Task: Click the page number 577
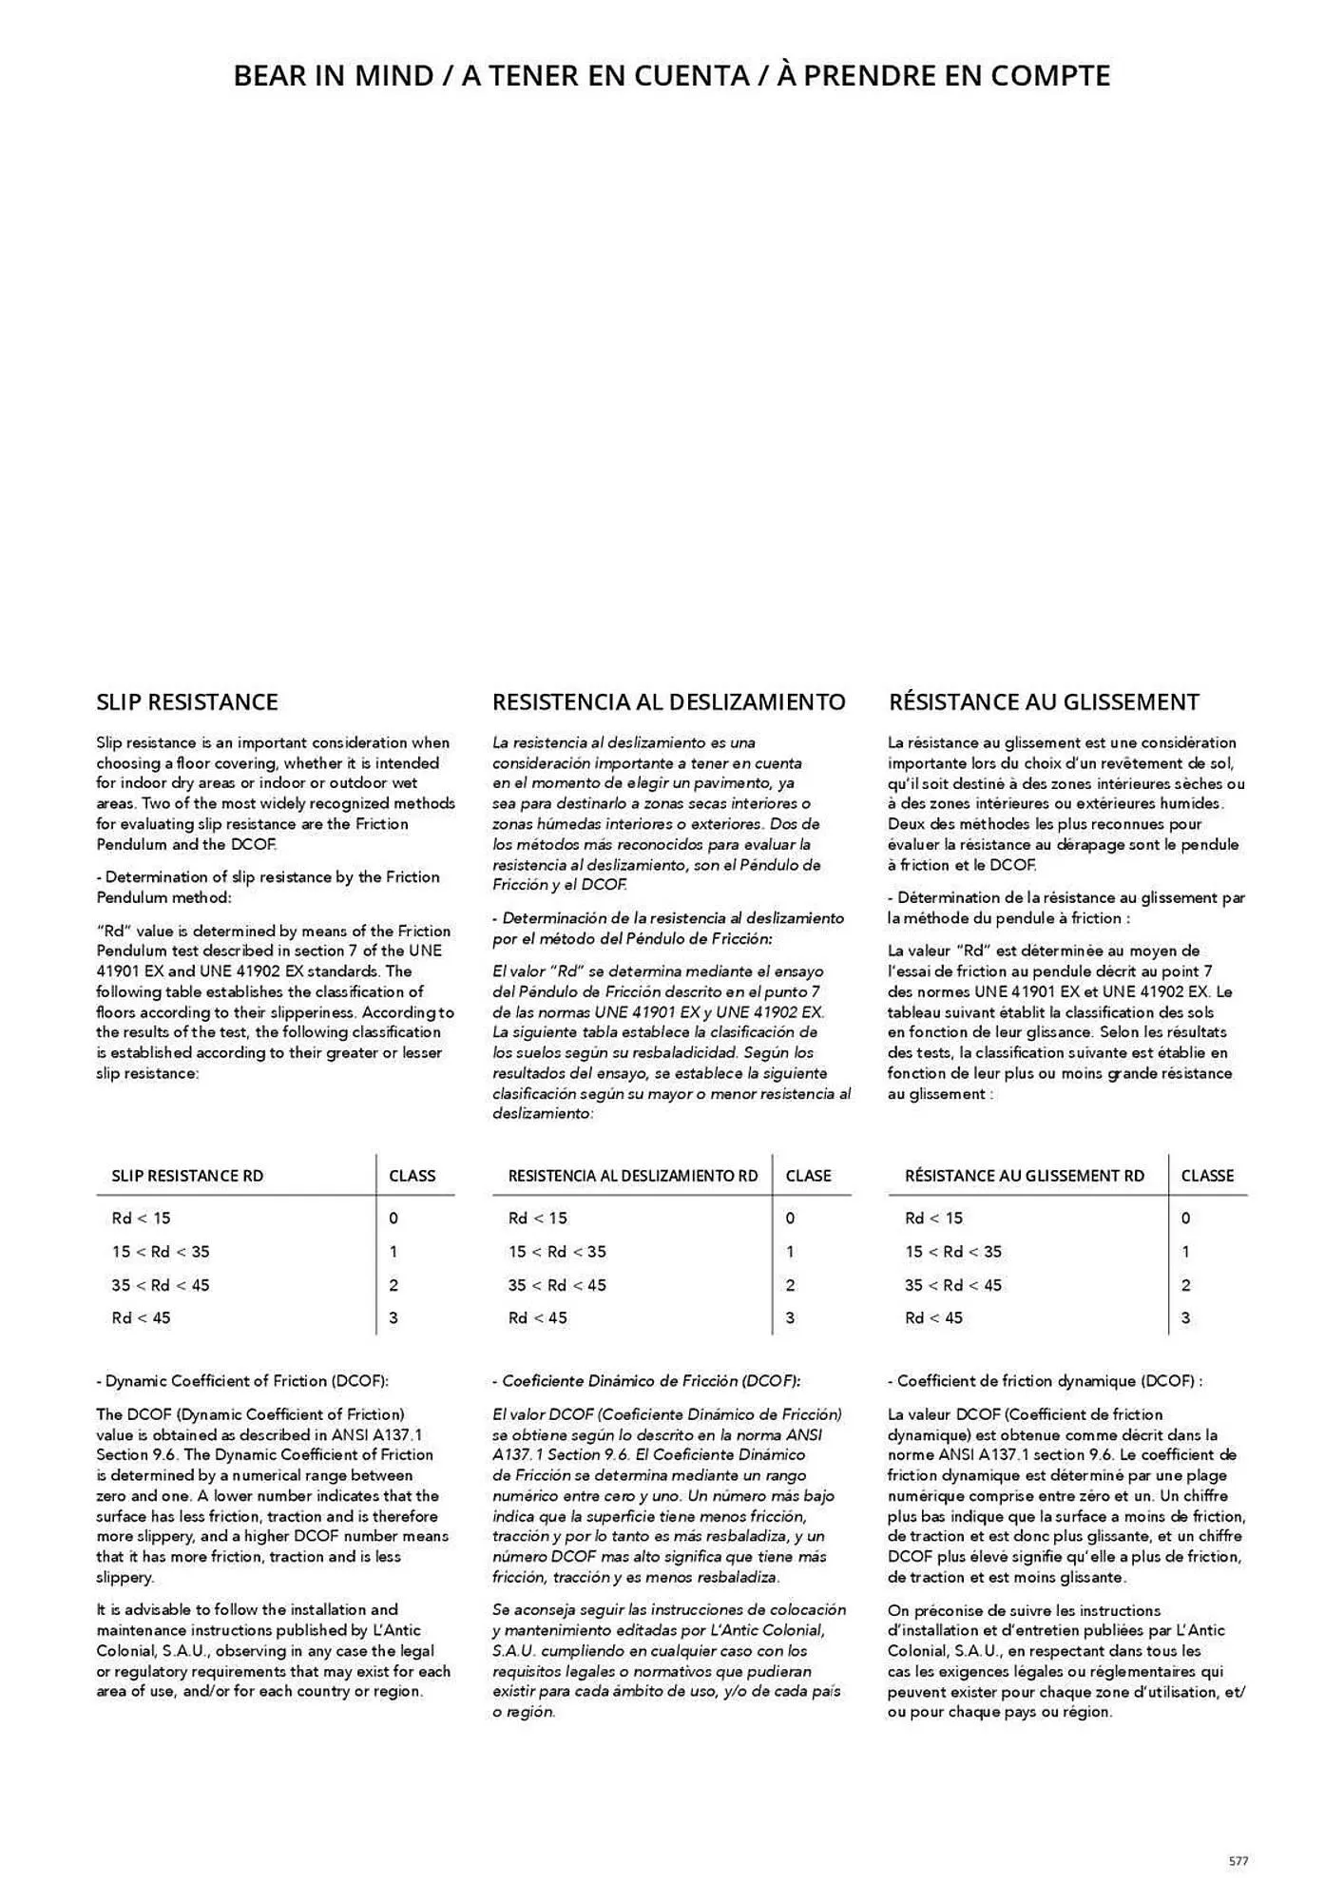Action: pyautogui.click(x=1238, y=1861)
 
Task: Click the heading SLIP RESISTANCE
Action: pyautogui.click(x=187, y=702)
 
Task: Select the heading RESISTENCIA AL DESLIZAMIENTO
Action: pyautogui.click(x=668, y=702)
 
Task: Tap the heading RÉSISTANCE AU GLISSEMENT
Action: pyautogui.click(x=1044, y=702)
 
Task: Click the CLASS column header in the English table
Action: pyautogui.click(x=412, y=1176)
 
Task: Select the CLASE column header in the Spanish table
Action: pyautogui.click(x=808, y=1176)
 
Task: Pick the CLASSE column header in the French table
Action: pyautogui.click(x=1207, y=1176)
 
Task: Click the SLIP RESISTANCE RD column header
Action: pyautogui.click(x=187, y=1176)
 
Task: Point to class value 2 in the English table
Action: pyautogui.click(x=394, y=1285)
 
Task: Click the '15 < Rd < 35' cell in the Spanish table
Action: pyautogui.click(x=557, y=1252)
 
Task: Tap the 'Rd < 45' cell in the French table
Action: pyautogui.click(x=933, y=1318)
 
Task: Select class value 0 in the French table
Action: pyautogui.click(x=1185, y=1219)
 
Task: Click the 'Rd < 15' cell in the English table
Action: pyautogui.click(x=141, y=1219)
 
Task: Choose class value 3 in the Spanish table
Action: pyautogui.click(x=790, y=1318)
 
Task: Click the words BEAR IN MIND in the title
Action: pyautogui.click(x=333, y=76)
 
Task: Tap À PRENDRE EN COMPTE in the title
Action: pyautogui.click(x=943, y=76)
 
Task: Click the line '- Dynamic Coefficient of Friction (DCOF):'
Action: pyautogui.click(x=242, y=1381)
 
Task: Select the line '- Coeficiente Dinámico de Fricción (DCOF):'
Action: pyautogui.click(x=646, y=1381)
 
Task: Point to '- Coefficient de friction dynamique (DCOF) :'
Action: pyautogui.click(x=1045, y=1381)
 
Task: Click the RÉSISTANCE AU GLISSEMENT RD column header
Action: pyautogui.click(x=1025, y=1176)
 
